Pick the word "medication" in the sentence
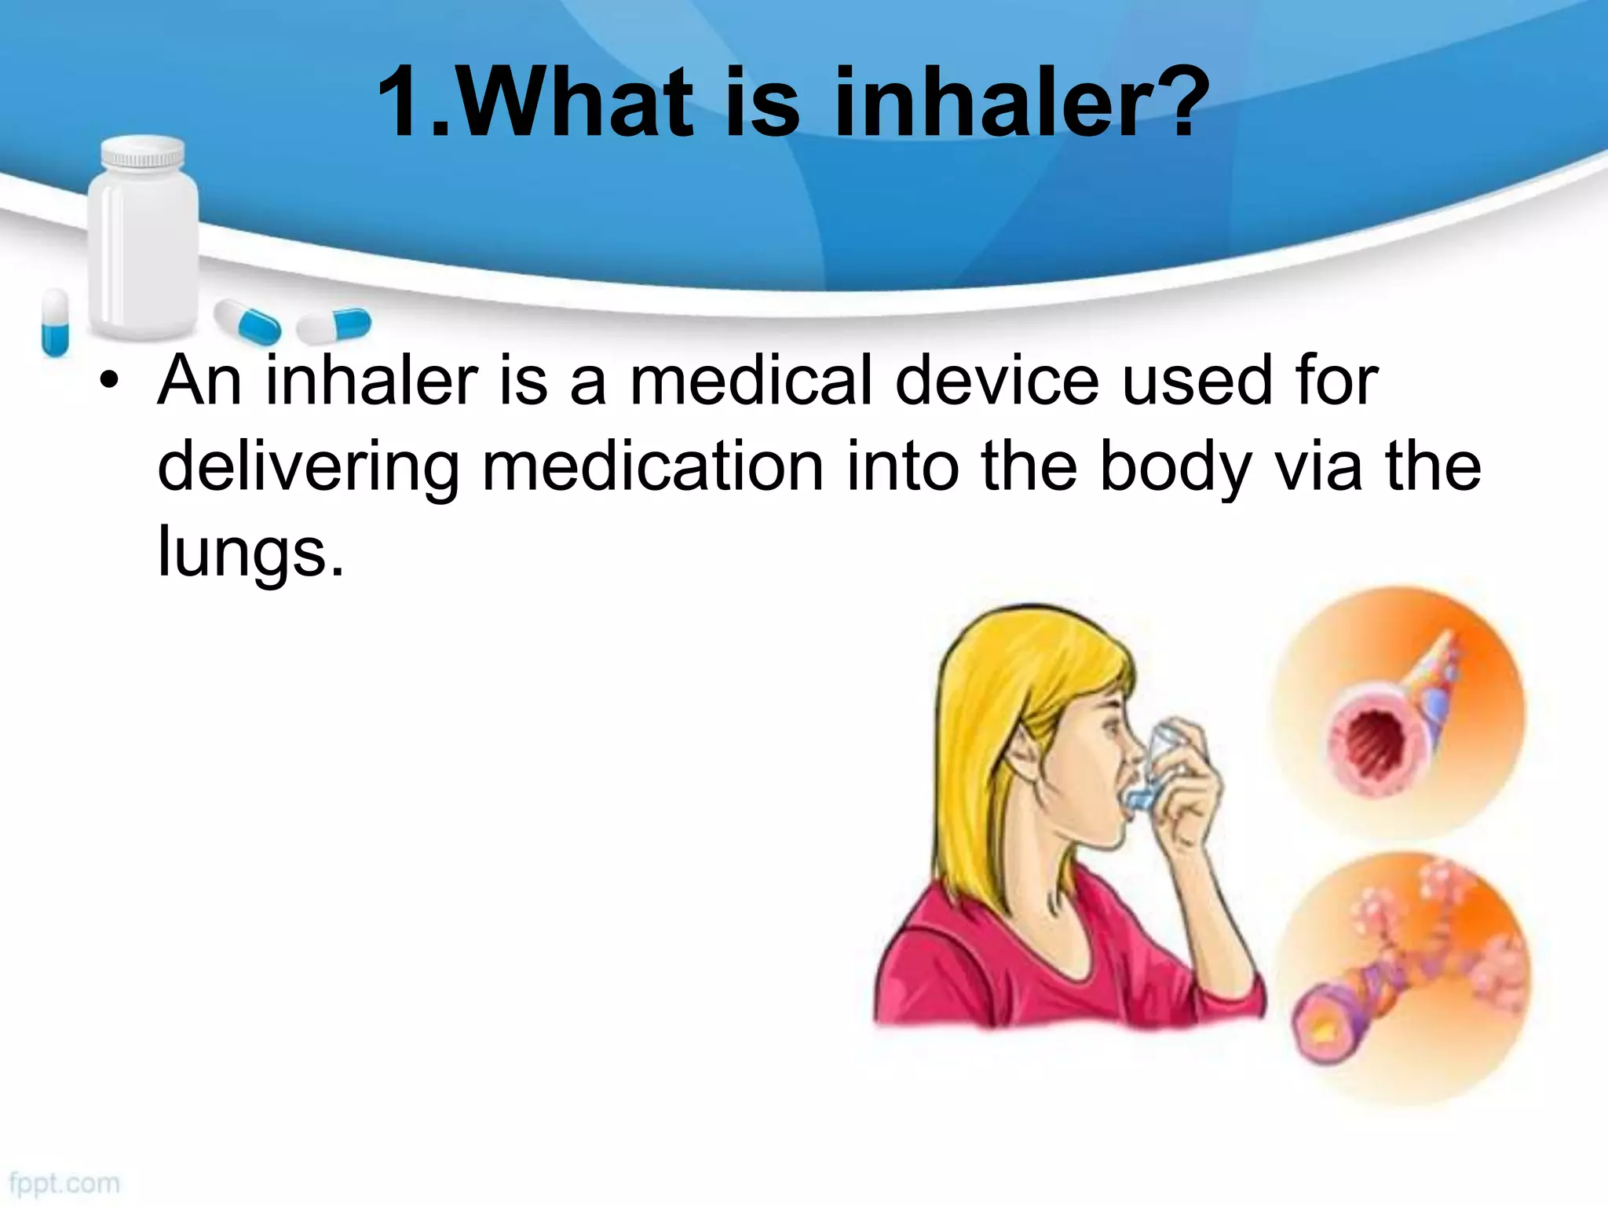pyautogui.click(x=652, y=467)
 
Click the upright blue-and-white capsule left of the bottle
pyautogui.click(x=55, y=322)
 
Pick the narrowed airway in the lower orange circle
pyautogui.click(x=1327, y=1021)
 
